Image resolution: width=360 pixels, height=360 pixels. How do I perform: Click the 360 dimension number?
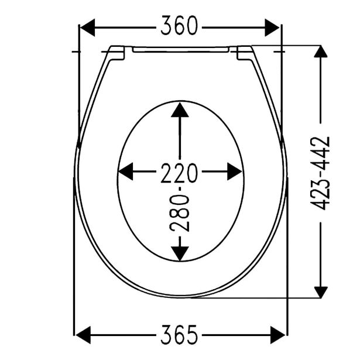coord(179,26)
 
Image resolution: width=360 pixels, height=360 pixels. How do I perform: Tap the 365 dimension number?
coord(179,335)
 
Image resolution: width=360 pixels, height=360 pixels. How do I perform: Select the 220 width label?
coord(179,173)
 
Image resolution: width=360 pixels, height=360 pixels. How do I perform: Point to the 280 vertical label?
coord(180,213)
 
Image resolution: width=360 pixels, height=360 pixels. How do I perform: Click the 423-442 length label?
coord(320,173)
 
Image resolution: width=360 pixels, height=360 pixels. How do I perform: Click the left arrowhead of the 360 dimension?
coord(87,28)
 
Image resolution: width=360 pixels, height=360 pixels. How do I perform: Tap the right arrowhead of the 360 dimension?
coord(272,28)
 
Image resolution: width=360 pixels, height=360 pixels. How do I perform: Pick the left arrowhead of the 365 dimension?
coord(83,335)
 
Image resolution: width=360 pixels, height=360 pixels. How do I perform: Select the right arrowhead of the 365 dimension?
coord(278,335)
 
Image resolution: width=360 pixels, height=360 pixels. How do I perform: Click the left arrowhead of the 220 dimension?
coord(125,172)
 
